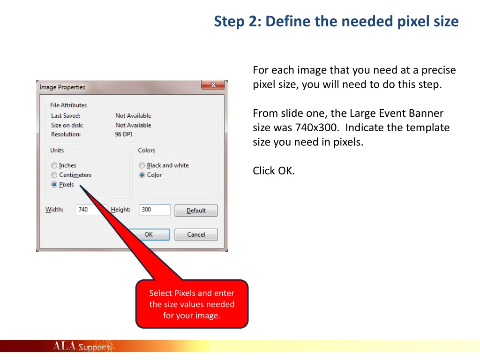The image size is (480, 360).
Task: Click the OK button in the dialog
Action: pyautogui.click(x=149, y=234)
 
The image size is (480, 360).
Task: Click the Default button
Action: pyautogui.click(x=196, y=210)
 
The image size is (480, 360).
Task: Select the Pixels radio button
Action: pyautogui.click(x=54, y=185)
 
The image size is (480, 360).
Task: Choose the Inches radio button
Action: pyautogui.click(x=54, y=165)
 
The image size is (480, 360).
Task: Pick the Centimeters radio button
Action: pyautogui.click(x=54, y=175)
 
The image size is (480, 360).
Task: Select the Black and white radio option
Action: pyautogui.click(x=142, y=165)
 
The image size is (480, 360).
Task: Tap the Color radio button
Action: pyautogui.click(x=142, y=175)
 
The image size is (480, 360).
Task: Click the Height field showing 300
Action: pyautogui.click(x=155, y=210)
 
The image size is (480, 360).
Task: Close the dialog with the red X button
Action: pyautogui.click(x=213, y=85)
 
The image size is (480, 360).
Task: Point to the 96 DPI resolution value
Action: pyautogui.click(x=124, y=135)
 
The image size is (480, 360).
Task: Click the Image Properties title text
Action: pyautogui.click(x=62, y=87)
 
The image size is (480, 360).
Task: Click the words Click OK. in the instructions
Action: pyautogui.click(x=274, y=171)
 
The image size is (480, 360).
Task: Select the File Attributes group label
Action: pyautogui.click(x=68, y=105)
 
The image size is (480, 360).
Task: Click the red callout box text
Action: pyautogui.click(x=192, y=304)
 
